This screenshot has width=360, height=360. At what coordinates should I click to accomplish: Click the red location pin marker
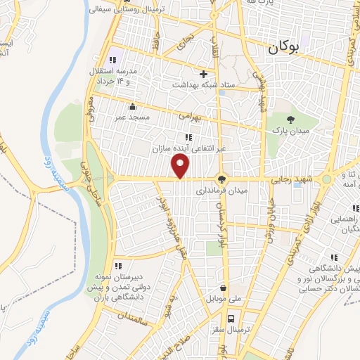click(181, 167)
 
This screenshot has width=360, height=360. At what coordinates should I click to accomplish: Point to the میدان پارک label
click(286, 131)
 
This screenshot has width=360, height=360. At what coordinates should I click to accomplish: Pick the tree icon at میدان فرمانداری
click(222, 179)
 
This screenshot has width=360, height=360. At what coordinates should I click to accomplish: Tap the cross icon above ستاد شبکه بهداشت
click(204, 74)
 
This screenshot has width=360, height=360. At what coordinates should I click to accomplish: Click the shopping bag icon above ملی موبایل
click(223, 288)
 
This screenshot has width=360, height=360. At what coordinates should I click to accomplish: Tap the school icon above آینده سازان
click(188, 137)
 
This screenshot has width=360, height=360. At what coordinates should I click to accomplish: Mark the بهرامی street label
click(189, 114)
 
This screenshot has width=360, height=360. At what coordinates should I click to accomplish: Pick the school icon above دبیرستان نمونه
click(118, 266)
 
